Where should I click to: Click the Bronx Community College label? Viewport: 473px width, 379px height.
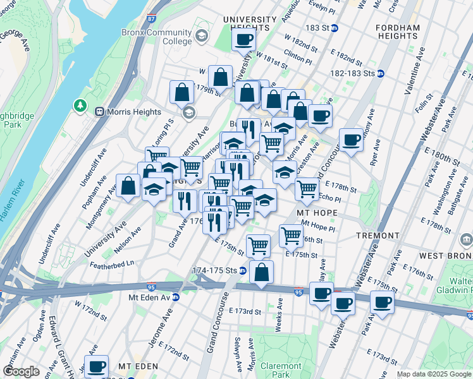159,37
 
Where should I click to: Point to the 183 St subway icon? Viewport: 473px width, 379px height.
335,28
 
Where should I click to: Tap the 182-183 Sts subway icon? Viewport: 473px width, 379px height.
381,73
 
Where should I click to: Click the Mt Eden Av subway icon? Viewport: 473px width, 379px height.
175,297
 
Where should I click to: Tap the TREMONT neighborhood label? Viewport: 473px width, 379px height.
376,235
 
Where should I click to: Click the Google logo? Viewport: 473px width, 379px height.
21,371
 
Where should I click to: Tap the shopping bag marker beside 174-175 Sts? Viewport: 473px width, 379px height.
261,272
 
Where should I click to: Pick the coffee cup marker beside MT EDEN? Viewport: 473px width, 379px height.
96,366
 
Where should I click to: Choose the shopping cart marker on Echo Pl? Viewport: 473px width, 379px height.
307,188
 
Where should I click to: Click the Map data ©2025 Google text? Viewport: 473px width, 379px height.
434,374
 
